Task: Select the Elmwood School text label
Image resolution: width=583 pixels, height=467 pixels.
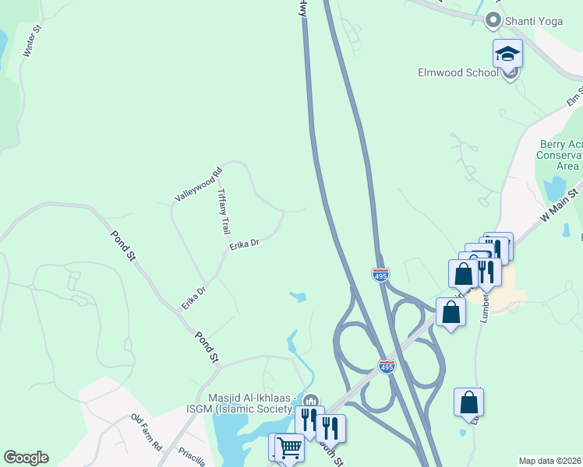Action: coord(458,73)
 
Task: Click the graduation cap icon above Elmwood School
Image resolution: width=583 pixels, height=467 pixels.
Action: coord(507,54)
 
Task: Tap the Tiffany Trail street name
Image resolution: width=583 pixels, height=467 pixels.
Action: coord(224,211)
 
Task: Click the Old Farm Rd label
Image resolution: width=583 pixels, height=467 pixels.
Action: coord(146,433)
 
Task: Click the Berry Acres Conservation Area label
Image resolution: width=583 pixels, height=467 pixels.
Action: coord(561,155)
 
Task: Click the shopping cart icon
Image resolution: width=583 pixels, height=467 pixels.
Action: coord(289,447)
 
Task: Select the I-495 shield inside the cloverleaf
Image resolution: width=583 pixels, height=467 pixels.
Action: coord(387,367)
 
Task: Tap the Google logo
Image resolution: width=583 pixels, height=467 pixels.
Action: coord(26,458)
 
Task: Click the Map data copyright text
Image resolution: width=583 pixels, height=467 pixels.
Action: coord(549,461)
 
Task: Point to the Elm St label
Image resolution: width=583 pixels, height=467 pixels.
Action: coord(574,98)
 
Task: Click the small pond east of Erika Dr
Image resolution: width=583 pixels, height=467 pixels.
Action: coord(297,296)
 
